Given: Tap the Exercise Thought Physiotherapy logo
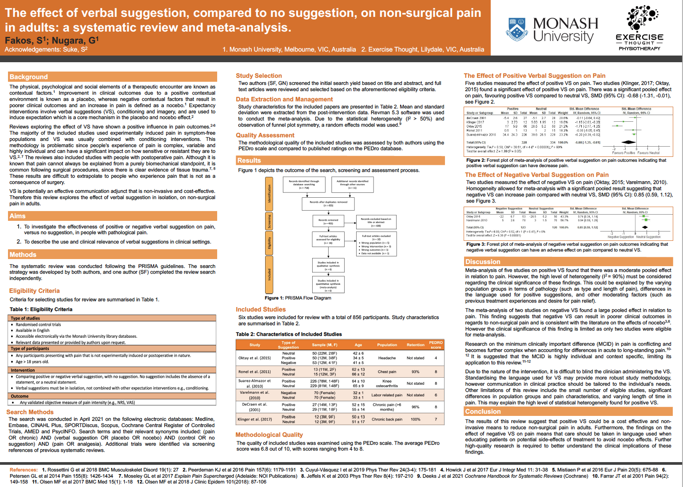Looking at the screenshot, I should click(x=639, y=28).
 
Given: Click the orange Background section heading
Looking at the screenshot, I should click(x=29, y=77).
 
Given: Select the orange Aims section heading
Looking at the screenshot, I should click(x=18, y=216).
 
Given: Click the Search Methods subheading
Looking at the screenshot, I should click(x=30, y=412).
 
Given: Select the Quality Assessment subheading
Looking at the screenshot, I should click(x=265, y=135).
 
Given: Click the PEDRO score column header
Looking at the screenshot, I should click(x=436, y=345).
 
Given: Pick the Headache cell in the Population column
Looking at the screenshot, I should click(x=387, y=358).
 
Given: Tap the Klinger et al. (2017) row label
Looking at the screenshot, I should click(x=255, y=419).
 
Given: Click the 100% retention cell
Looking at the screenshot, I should click(x=415, y=419).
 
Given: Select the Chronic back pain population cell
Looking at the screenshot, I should click(x=387, y=419).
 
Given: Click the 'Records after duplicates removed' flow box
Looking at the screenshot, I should click(x=329, y=204).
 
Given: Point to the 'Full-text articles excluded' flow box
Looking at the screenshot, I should click(x=376, y=244).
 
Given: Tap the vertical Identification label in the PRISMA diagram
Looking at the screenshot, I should click(x=269, y=194).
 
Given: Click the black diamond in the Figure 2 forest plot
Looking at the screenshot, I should click(x=629, y=142).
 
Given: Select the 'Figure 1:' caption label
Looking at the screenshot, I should click(x=274, y=298).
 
